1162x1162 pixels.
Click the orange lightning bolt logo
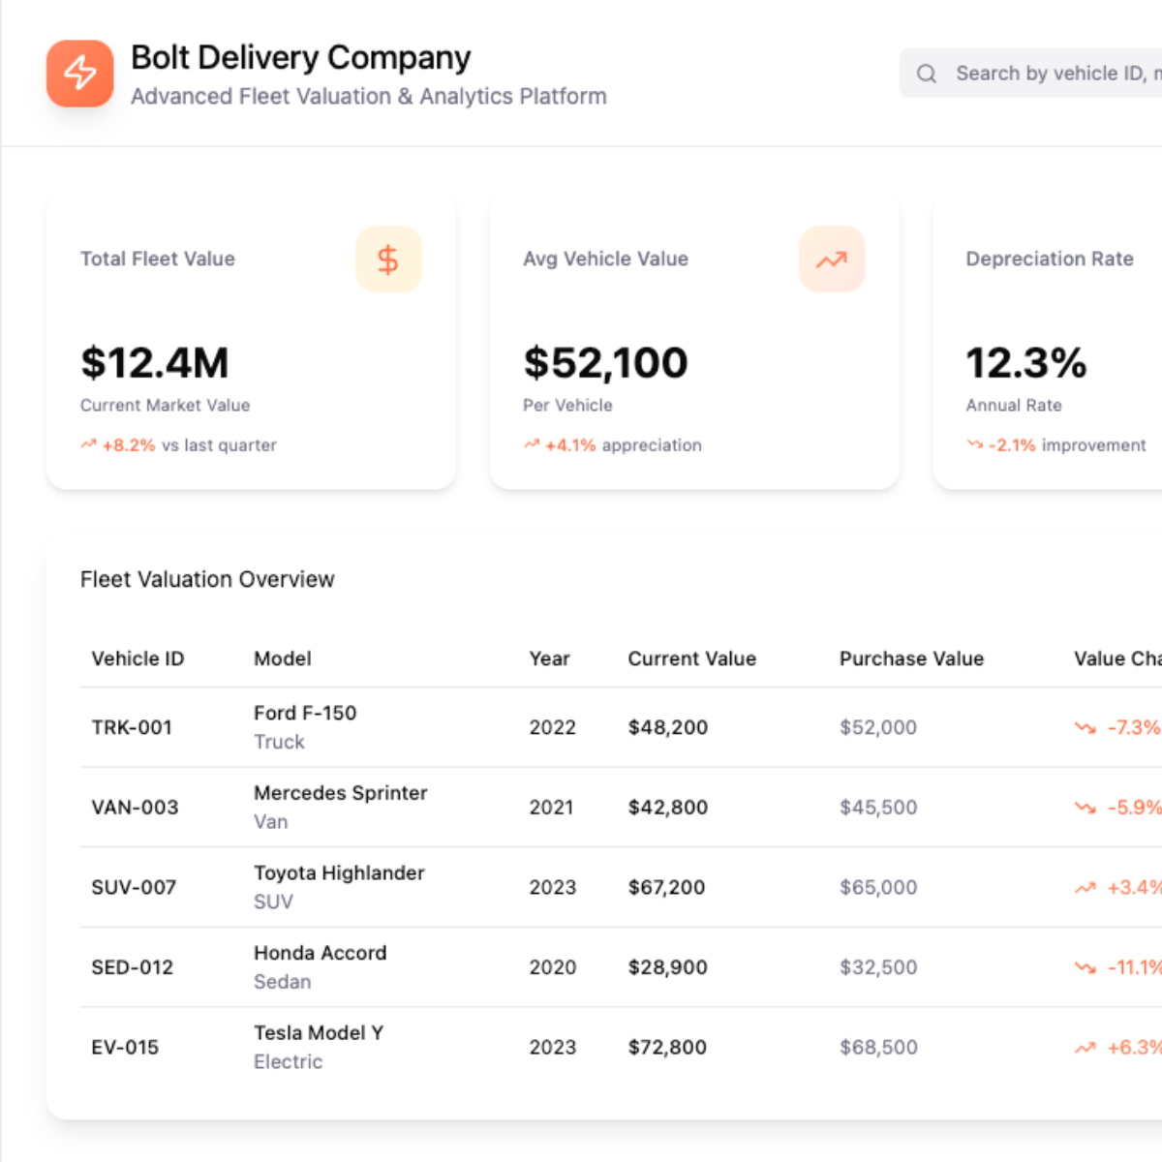coord(80,73)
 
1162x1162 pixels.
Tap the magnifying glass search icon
coord(927,74)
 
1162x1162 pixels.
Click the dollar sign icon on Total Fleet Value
coord(388,260)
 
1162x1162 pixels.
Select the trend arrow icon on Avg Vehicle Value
coord(831,260)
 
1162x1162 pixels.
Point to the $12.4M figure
coord(155,363)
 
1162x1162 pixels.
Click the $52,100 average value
coord(605,363)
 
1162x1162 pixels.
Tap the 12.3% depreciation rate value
coord(1025,363)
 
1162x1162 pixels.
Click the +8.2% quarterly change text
coord(129,445)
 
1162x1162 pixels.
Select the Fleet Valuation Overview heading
coord(207,579)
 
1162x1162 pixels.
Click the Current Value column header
coord(691,658)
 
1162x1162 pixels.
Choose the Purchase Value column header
coord(911,658)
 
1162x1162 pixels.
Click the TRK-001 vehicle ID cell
coord(132,727)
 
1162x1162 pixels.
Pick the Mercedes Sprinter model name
coord(340,793)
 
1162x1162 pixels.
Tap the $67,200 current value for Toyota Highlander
coord(666,887)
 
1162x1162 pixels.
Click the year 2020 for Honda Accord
coord(552,967)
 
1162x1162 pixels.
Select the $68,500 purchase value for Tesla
coord(878,1047)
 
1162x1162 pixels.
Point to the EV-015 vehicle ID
coord(125,1047)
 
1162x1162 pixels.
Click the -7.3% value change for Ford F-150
coord(1133,727)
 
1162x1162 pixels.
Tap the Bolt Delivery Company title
coord(300,58)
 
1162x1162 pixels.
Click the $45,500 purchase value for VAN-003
coord(878,808)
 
